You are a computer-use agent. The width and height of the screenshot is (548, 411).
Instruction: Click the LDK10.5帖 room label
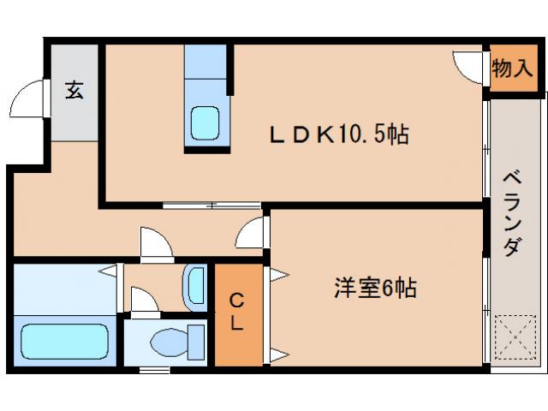[x=339, y=134]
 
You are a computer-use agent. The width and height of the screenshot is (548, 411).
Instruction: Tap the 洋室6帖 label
[x=375, y=288]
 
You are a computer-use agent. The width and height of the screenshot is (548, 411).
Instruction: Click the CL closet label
[x=237, y=313]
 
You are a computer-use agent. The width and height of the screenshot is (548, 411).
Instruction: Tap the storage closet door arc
[x=469, y=68]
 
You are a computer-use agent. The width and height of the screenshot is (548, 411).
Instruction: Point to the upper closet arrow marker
[x=279, y=275]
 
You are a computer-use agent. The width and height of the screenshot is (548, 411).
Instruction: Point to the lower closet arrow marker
[x=279, y=354]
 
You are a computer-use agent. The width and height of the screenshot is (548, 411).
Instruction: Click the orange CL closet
[x=238, y=334]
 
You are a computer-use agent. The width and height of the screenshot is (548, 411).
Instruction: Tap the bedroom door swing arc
[x=250, y=232]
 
